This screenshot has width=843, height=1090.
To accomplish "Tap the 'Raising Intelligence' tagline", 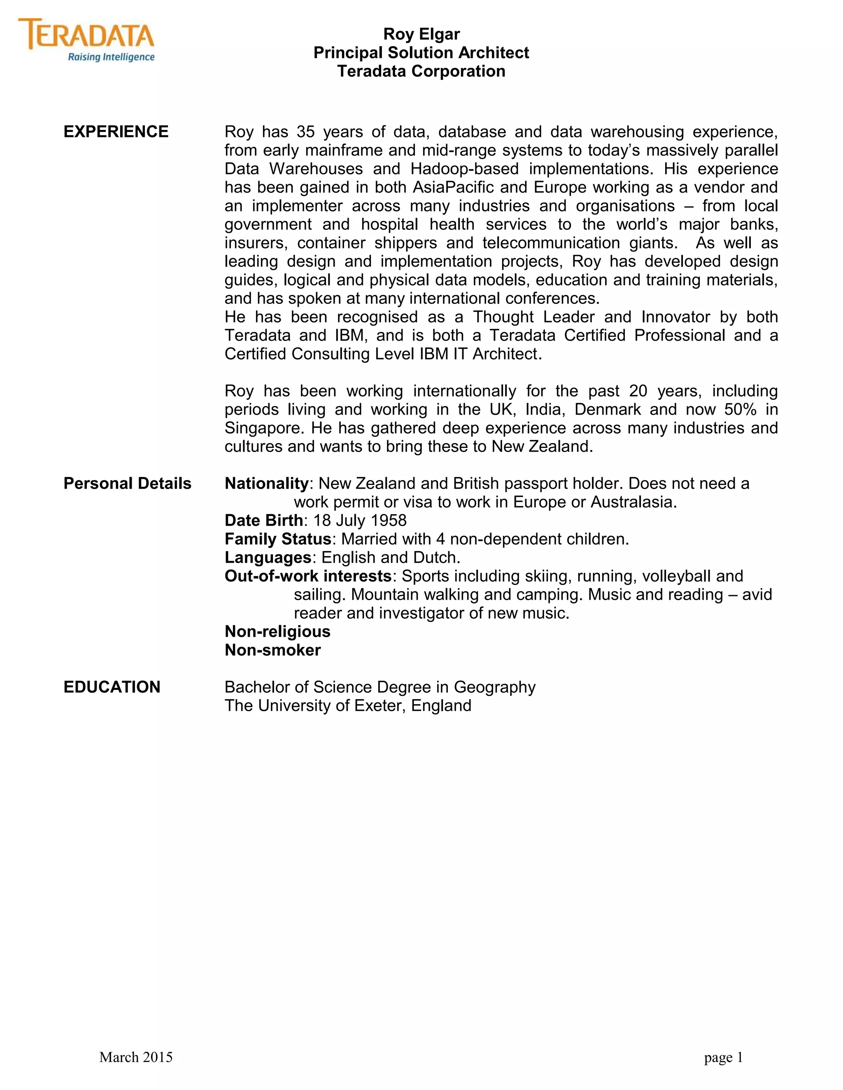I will pos(111,57).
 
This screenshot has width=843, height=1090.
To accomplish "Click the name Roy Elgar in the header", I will pos(421,34).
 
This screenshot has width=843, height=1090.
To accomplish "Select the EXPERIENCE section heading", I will pos(116,132).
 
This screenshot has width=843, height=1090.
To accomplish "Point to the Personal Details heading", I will pos(127,483).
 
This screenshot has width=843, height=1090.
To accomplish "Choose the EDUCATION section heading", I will pos(112,687).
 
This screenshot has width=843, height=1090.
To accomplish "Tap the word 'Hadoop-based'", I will pos(464,169).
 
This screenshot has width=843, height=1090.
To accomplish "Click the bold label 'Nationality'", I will pos(267,483).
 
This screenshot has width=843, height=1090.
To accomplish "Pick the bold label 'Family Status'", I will pos(278,539).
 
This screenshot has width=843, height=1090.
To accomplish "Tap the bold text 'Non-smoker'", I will pos(272,650).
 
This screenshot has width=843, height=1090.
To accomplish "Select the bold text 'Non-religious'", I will pos(277,631).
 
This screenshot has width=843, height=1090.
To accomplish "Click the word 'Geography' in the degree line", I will pos(494,687).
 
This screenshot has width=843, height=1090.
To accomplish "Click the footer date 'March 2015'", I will pos(136,1057).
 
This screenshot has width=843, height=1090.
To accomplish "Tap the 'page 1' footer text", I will pos(724,1057).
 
